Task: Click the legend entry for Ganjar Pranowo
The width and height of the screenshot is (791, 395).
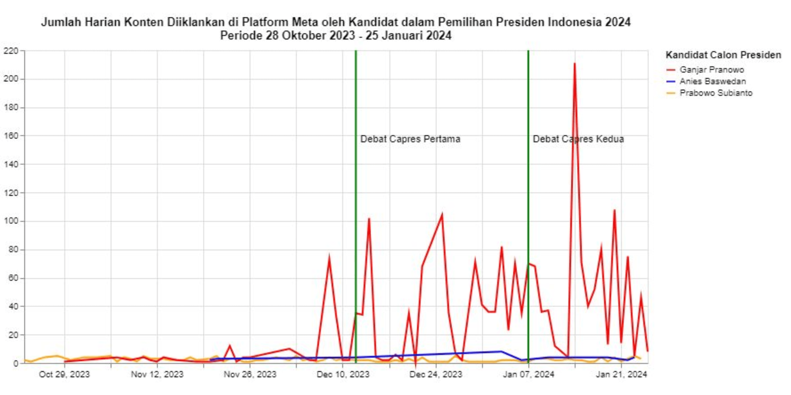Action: (x=711, y=70)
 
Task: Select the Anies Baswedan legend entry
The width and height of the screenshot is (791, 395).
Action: (x=712, y=82)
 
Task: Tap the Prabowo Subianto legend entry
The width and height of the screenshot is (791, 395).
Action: (x=716, y=93)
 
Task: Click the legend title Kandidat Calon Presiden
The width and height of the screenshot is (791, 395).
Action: (x=723, y=55)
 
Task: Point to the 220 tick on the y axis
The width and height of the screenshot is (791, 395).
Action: (x=11, y=51)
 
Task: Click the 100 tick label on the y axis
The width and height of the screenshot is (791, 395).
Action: (x=11, y=221)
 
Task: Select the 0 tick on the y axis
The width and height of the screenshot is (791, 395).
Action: (x=16, y=363)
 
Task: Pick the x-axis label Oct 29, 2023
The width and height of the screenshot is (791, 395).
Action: (x=64, y=374)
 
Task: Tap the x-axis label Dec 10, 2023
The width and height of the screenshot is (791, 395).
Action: (x=343, y=374)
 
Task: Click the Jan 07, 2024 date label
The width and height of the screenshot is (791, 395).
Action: (x=528, y=374)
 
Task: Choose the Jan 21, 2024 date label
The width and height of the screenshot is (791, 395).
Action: (x=621, y=374)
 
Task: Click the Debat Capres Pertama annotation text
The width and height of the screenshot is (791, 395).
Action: (x=410, y=139)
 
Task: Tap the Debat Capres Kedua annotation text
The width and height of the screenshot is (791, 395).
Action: (x=578, y=139)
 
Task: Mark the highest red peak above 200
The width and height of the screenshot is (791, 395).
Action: (x=575, y=64)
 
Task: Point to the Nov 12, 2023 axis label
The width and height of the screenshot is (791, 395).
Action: (x=157, y=374)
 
